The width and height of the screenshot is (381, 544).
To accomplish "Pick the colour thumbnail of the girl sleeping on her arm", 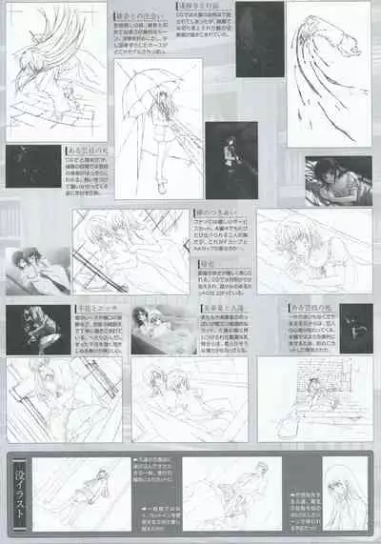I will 338,181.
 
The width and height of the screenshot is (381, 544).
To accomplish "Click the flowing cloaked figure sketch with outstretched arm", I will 329,71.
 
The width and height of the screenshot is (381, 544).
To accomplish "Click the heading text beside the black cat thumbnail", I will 311,309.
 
